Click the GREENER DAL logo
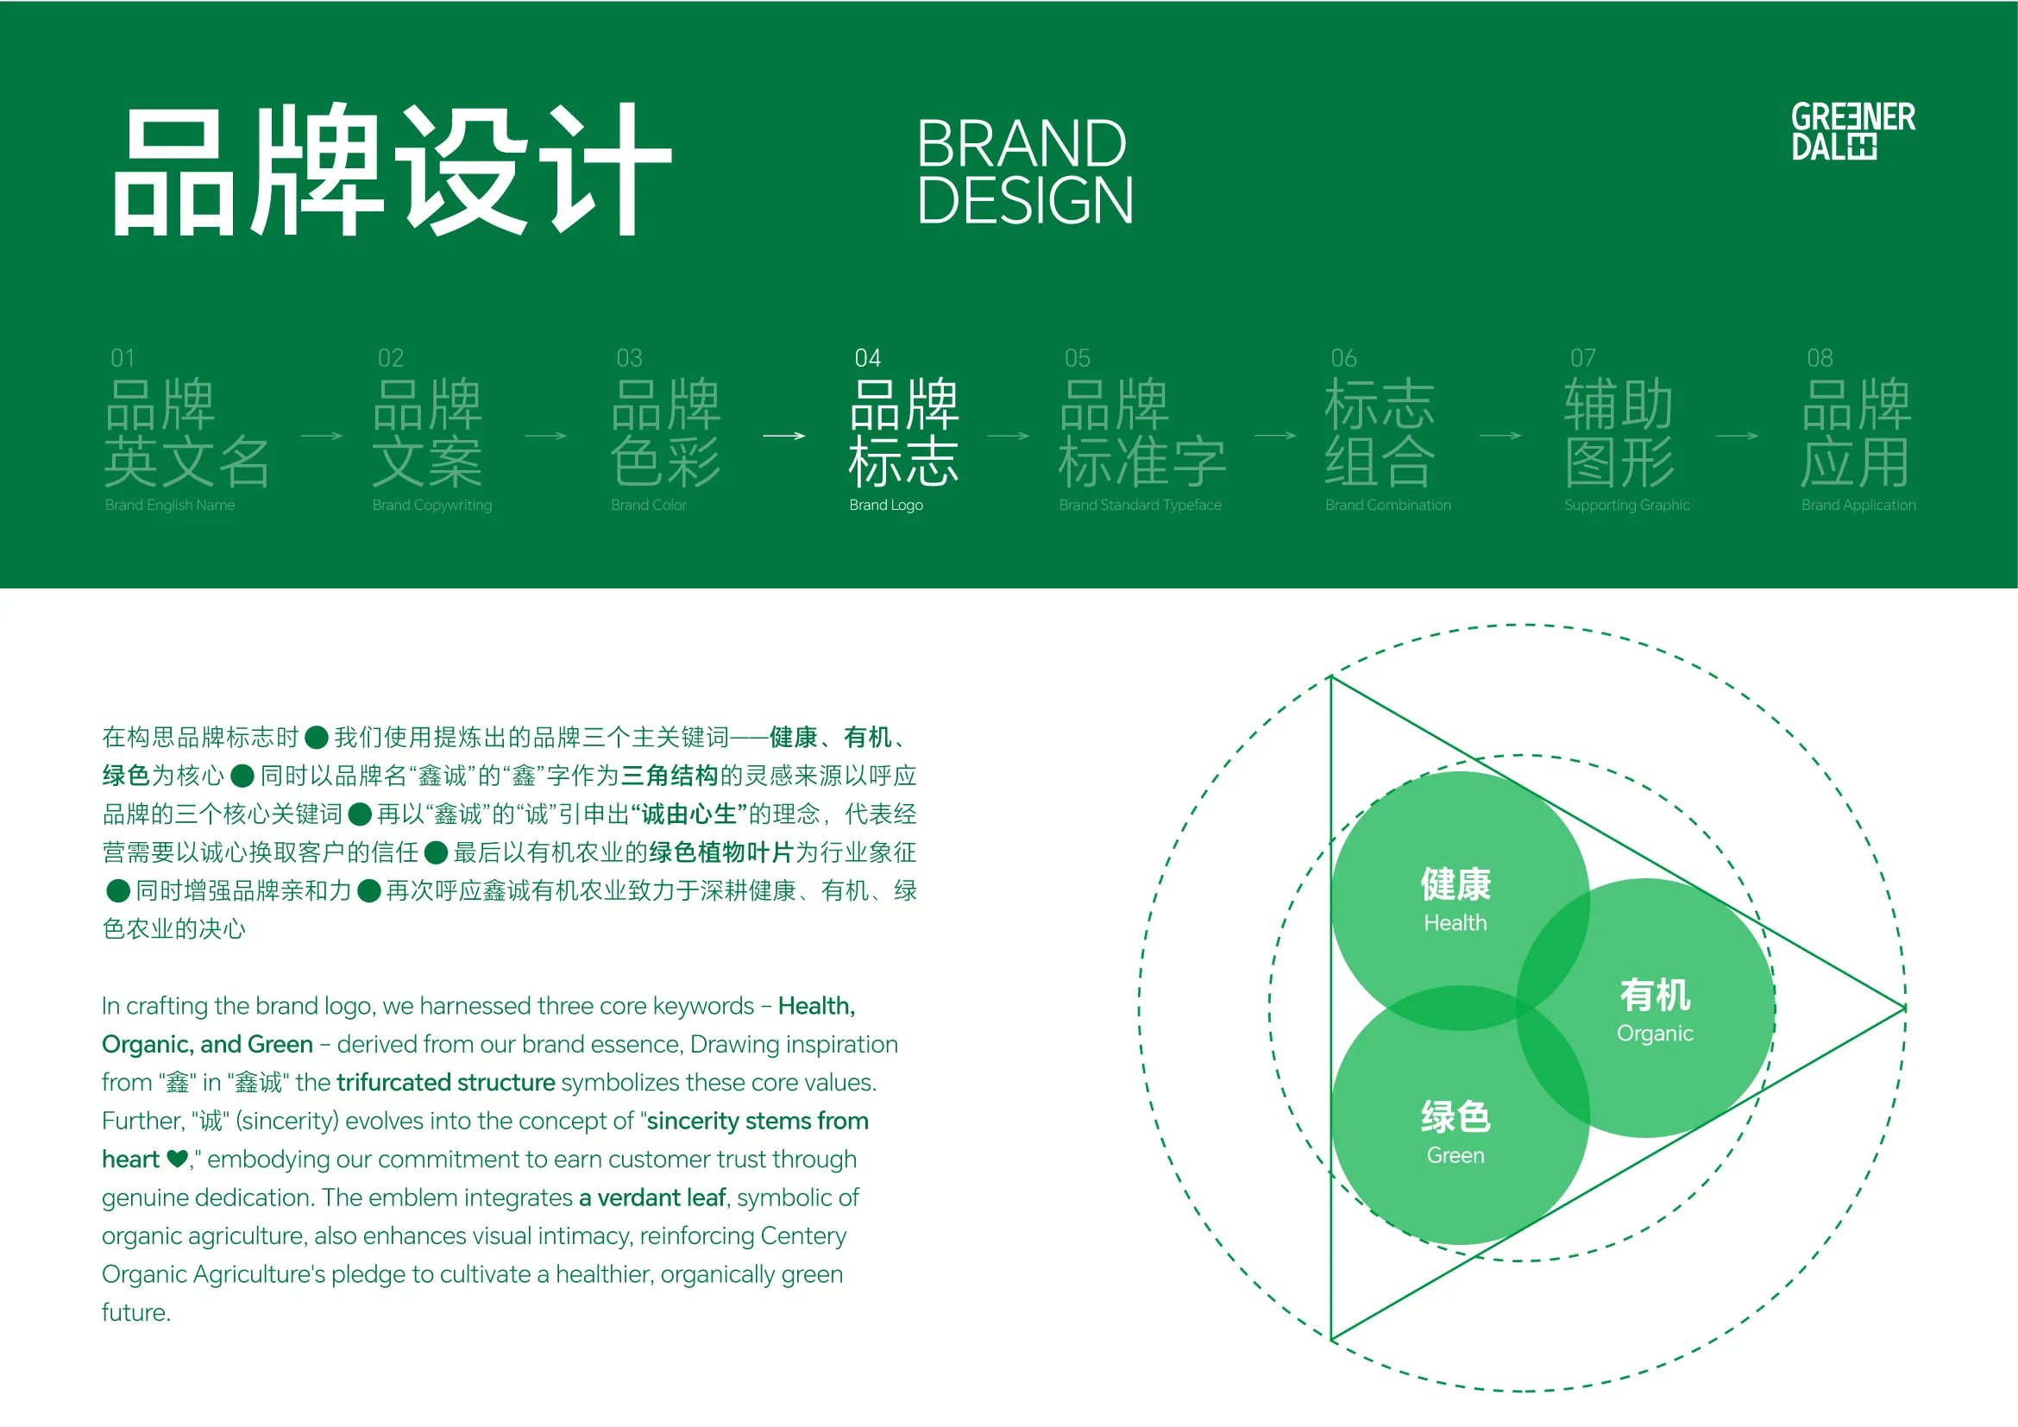click(1852, 131)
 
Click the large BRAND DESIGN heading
click(1025, 172)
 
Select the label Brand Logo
click(886, 506)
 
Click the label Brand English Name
click(170, 506)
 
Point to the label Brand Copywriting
click(431, 506)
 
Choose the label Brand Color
click(649, 506)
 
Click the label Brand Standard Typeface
click(1140, 506)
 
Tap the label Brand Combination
click(1388, 506)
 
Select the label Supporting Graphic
click(1627, 506)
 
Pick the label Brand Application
click(1858, 506)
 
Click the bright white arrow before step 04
click(784, 436)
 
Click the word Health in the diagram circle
click(1455, 922)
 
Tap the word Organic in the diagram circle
click(1655, 1034)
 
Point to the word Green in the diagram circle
click(1455, 1155)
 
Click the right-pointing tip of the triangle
click(1905, 1008)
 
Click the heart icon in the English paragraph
click(177, 1160)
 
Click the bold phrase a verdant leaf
click(652, 1198)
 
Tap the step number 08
click(1820, 358)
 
